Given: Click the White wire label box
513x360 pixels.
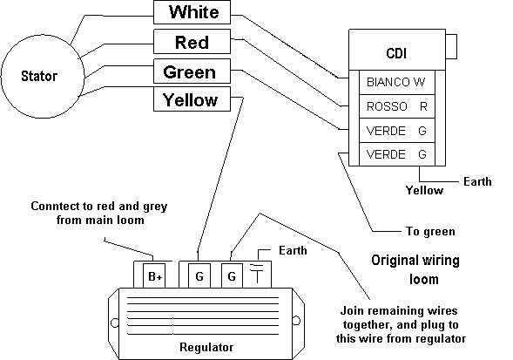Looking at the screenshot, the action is (x=192, y=12).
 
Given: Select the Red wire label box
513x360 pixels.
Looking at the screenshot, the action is (x=192, y=42).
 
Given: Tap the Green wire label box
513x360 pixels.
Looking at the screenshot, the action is (x=192, y=71).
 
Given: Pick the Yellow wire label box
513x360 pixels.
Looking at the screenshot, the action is (x=192, y=98).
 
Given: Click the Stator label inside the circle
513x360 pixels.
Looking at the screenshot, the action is (x=39, y=76).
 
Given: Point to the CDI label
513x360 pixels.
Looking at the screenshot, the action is (x=396, y=53).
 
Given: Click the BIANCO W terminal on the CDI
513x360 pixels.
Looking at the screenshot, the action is (x=397, y=82).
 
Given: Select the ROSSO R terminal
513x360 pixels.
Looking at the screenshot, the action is (x=397, y=106).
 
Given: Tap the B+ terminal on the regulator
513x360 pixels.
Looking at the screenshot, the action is (x=154, y=276).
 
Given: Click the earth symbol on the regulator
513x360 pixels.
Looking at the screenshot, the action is (x=257, y=273).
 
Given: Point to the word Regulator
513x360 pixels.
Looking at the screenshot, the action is (x=206, y=347).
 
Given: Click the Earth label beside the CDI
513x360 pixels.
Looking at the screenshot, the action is (x=477, y=181).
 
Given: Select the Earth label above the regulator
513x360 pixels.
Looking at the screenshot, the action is (x=293, y=250).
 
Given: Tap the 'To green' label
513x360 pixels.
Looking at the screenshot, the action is (x=430, y=231).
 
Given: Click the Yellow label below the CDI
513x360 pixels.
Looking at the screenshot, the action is (x=424, y=190).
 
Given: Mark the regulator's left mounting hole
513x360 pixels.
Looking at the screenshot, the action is (x=115, y=323).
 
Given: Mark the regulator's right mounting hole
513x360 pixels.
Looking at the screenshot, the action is (x=296, y=321).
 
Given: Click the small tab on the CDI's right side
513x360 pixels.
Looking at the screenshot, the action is (x=451, y=46).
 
